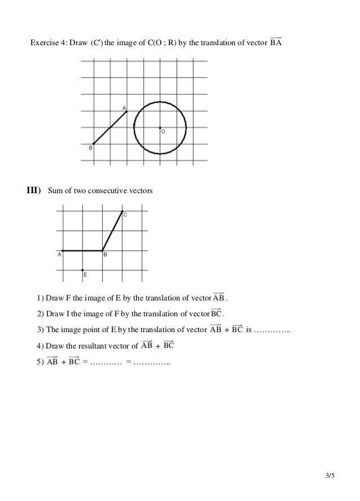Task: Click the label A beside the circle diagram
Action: coord(124,107)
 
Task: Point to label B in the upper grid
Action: coord(90,148)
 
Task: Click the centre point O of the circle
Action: coord(160,128)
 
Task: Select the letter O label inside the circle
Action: coord(163,132)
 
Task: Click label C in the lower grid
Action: coord(125,215)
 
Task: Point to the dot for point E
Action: coord(82,270)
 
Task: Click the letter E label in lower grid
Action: coord(85,275)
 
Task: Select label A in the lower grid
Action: coord(59,255)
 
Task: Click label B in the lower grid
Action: coord(105,255)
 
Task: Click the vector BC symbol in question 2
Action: coord(217,314)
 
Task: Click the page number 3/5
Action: coord(330,476)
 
